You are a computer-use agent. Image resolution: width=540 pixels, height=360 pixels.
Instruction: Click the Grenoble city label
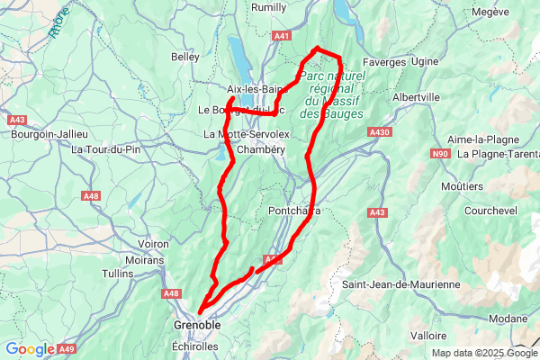pyautogui.click(x=196, y=325)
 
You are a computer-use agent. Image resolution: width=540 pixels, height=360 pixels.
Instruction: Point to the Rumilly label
pyautogui.click(x=268, y=7)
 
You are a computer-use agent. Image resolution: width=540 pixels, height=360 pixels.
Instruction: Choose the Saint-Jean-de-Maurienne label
pyautogui.click(x=401, y=284)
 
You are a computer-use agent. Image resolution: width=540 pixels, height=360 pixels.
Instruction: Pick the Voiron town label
pyautogui.click(x=155, y=244)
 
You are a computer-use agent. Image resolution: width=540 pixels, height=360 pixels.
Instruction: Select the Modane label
pyautogui.click(x=508, y=319)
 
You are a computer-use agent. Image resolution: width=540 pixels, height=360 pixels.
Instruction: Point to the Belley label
pyautogui.click(x=184, y=57)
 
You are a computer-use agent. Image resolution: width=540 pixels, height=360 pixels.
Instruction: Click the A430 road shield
pyautogui.click(x=379, y=132)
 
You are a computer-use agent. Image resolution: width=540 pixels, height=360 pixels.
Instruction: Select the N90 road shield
pyautogui.click(x=440, y=154)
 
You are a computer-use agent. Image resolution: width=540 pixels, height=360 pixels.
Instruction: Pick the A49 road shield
pyautogui.click(x=67, y=349)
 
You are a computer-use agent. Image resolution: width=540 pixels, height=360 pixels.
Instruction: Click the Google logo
pyautogui.click(x=29, y=349)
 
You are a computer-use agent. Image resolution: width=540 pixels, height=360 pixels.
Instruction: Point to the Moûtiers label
pyautogui.click(x=463, y=185)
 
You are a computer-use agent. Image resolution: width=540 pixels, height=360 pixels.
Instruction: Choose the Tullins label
pyautogui.click(x=118, y=273)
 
